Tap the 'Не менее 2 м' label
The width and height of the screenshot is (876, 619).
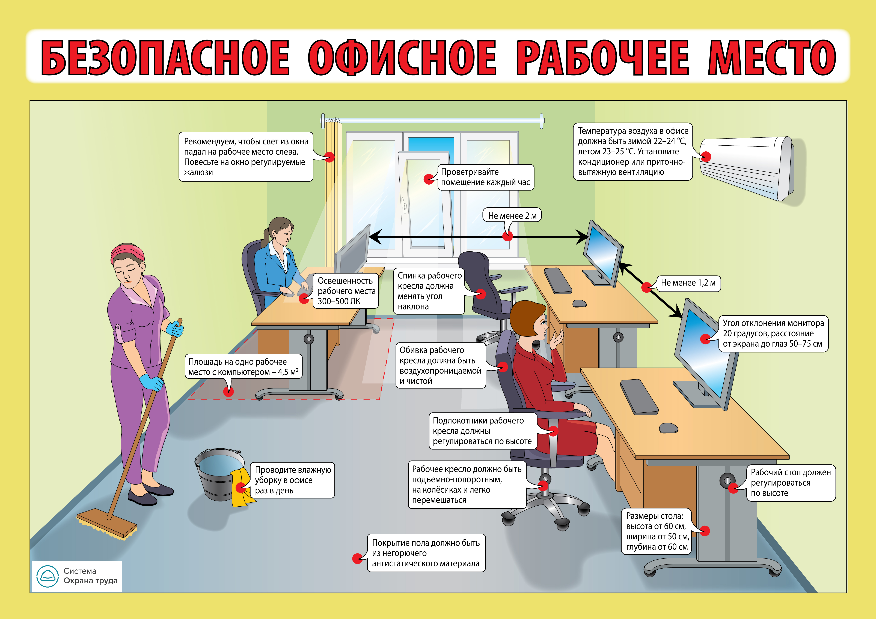pyautogui.click(x=512, y=215)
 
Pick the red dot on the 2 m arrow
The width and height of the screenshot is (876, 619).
pyautogui.click(x=507, y=236)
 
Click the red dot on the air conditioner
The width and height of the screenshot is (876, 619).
pyautogui.click(x=706, y=156)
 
